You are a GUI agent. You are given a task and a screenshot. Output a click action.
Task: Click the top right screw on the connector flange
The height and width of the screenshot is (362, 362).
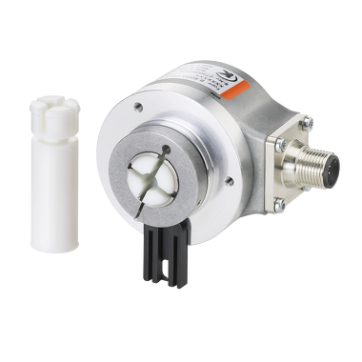(307, 121)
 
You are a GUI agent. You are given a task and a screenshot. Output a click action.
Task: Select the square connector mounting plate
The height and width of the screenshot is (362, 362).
(290, 162)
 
